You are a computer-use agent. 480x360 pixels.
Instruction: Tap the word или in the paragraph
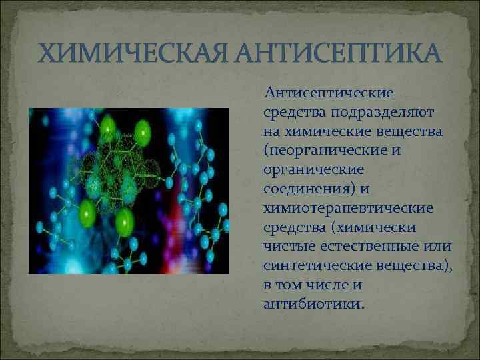(x=437, y=247)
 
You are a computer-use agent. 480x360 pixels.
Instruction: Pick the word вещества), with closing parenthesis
(x=409, y=266)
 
